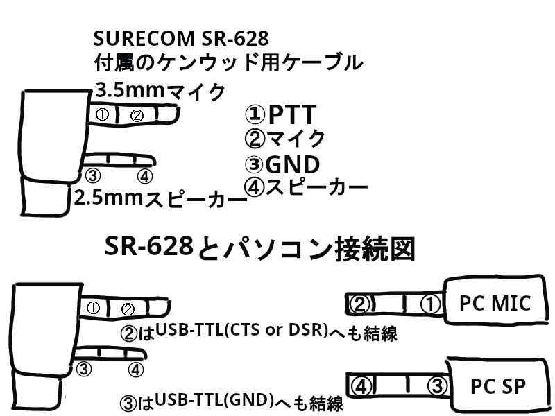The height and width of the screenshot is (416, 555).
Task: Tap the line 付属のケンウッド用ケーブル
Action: pyautogui.click(x=228, y=62)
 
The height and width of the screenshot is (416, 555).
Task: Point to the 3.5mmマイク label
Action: pyautogui.click(x=161, y=90)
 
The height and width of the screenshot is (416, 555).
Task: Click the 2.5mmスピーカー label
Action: pyautogui.click(x=160, y=199)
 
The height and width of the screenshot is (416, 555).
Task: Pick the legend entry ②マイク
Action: pyautogui.click(x=285, y=139)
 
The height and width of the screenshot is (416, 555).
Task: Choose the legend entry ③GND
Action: pyautogui.click(x=282, y=164)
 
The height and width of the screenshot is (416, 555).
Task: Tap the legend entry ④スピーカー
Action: pyautogui.click(x=306, y=187)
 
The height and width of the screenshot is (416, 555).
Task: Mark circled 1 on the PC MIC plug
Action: pyautogui.click(x=430, y=304)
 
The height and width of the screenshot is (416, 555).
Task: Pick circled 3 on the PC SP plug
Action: pyautogui.click(x=434, y=385)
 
